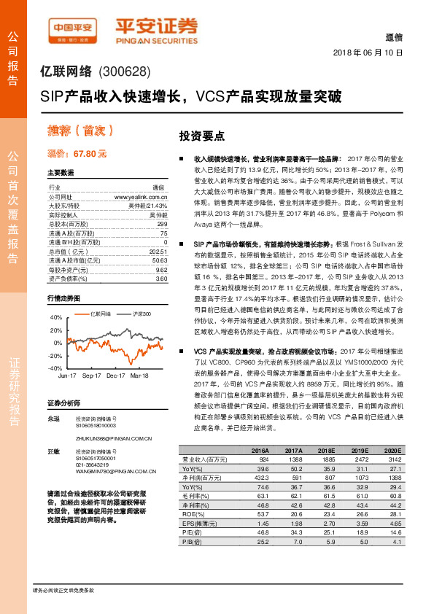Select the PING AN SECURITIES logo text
click(156, 40)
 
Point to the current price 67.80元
click(77, 154)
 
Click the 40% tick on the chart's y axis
click(55, 317)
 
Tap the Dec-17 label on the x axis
click(117, 375)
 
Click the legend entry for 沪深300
click(140, 314)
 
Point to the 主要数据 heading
click(61, 174)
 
